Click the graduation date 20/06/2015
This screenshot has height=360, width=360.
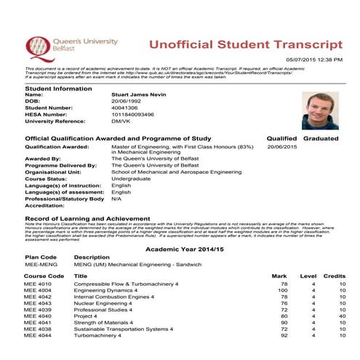pyautogui.click(x=283, y=146)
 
